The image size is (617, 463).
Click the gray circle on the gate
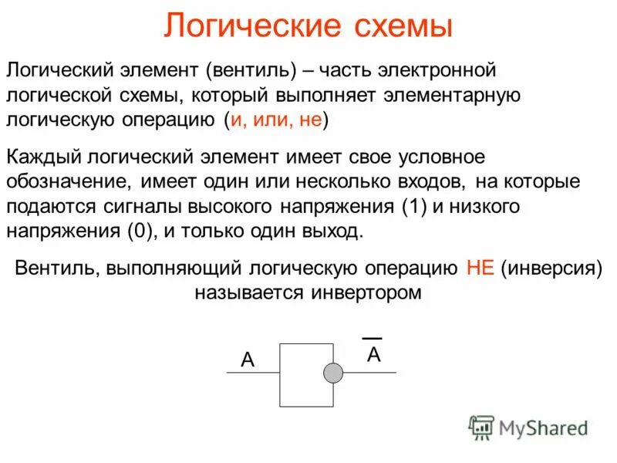pyautogui.click(x=332, y=373)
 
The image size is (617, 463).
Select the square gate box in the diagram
pyautogui.click(x=305, y=374)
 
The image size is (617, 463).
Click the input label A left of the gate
pyautogui.click(x=247, y=360)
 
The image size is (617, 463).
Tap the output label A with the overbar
pyautogui.click(x=373, y=354)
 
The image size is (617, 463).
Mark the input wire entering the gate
pyautogui.click(x=252, y=373)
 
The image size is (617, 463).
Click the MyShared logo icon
pyautogui.click(x=482, y=427)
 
